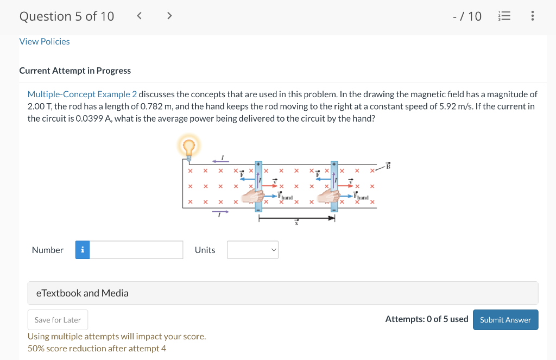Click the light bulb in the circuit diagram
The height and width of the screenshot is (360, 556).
coord(188,147)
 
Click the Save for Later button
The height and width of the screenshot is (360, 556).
coord(58,320)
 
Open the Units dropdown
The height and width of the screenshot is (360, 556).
coord(252,250)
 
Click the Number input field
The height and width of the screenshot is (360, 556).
coord(136,250)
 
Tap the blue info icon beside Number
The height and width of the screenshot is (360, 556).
coord(83,250)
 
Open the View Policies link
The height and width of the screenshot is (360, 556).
coord(45,41)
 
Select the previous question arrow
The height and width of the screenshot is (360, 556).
coord(139,16)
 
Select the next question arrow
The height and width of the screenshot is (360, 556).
coord(169,16)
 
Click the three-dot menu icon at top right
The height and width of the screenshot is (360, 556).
coord(532,16)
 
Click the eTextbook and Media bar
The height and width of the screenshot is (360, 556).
coord(282,293)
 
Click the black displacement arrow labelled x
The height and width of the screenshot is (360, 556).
coord(296,218)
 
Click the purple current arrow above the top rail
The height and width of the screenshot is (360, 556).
coord(220,160)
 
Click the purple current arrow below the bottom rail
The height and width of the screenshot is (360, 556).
coord(220,212)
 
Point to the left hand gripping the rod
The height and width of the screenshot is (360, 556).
coord(252,197)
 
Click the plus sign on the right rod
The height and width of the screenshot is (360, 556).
coord(334,163)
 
